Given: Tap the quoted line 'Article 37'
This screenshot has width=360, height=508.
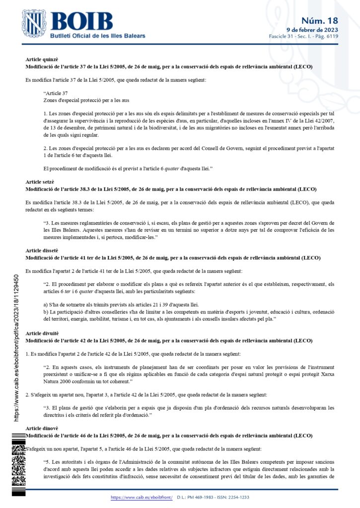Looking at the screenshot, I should coord(56,93).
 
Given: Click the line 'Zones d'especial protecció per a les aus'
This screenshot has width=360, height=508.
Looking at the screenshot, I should coord(79,100).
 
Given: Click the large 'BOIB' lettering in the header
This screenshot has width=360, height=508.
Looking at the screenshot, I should coord(81,22).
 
